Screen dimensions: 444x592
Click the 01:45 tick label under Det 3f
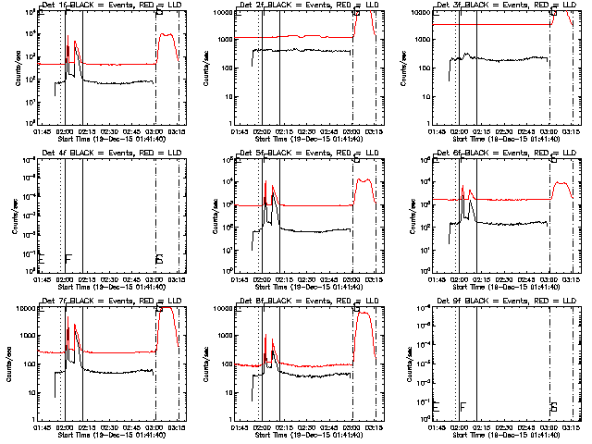click(x=437, y=132)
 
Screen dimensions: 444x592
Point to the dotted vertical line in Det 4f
click(x=61, y=213)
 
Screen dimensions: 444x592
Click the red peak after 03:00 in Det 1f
click(x=166, y=35)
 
